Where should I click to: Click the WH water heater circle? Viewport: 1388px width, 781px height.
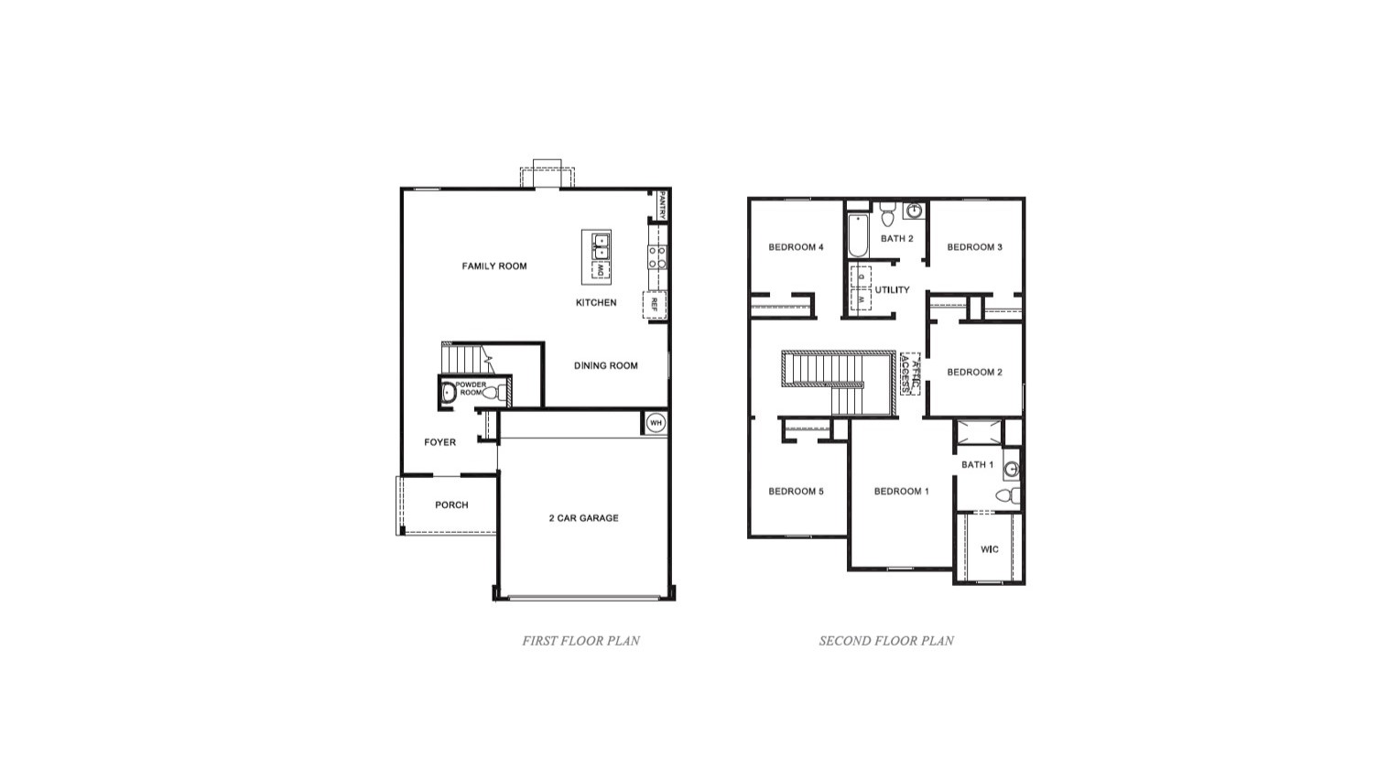click(655, 423)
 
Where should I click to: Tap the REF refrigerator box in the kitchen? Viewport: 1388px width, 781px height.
click(655, 304)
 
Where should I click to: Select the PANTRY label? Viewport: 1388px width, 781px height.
click(661, 203)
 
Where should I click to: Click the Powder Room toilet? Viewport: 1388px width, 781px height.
click(492, 393)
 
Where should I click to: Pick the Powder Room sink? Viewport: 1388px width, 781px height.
click(448, 393)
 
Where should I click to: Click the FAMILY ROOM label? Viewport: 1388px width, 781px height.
click(494, 266)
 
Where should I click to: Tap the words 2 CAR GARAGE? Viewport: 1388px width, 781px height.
click(583, 518)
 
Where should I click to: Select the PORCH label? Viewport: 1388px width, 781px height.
click(451, 505)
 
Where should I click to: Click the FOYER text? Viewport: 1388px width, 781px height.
click(439, 442)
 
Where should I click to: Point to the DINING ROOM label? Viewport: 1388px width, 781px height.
click(606, 366)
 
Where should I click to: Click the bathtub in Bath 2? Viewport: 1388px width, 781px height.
click(857, 234)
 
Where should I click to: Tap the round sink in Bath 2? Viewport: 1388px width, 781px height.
click(914, 212)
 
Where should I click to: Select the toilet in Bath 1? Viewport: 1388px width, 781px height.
click(1005, 496)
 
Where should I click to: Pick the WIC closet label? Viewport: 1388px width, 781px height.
click(990, 549)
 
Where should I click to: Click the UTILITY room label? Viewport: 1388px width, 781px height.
click(892, 290)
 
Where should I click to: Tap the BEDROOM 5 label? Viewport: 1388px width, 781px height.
click(796, 492)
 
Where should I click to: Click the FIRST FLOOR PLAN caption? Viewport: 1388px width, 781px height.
click(580, 641)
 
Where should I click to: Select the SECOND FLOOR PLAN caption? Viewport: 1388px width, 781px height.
click(886, 641)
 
